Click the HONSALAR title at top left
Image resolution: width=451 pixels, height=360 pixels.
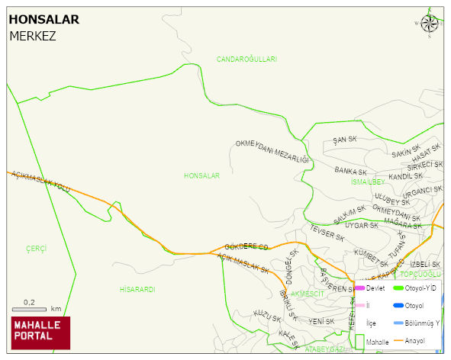tap(43, 19)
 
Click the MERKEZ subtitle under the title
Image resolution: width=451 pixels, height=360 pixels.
tap(32, 36)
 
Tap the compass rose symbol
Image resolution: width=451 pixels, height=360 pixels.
tap(430, 24)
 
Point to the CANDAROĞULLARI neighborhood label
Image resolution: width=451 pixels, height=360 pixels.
tap(246, 59)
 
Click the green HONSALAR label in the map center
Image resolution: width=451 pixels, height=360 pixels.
tap(201, 176)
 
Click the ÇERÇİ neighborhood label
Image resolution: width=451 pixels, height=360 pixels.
tap(36, 249)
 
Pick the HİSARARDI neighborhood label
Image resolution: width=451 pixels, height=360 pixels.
tap(137, 290)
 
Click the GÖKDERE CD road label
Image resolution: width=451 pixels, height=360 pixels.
tap(246, 247)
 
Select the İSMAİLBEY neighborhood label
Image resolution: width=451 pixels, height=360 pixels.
tap(368, 182)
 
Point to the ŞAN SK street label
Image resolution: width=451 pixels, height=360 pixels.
tap(345, 140)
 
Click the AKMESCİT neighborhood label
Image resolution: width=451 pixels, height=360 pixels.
tap(308, 294)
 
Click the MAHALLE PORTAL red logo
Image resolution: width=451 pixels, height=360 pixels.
tap(40, 332)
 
